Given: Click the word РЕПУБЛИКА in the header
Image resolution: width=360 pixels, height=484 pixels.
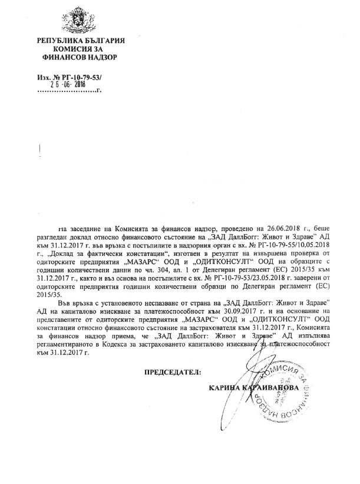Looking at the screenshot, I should pyautogui.click(x=60, y=39).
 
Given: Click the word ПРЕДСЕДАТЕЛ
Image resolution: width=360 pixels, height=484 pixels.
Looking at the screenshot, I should pyautogui.click(x=173, y=372).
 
